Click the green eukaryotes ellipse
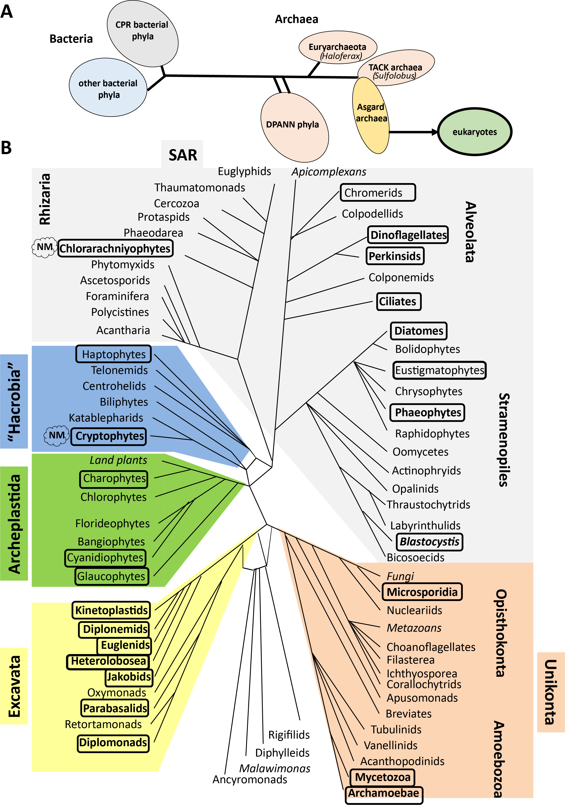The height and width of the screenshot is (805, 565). [x=475, y=132]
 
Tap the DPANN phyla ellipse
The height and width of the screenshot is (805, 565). [x=294, y=126]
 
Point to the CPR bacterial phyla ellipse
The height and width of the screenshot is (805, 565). [x=142, y=33]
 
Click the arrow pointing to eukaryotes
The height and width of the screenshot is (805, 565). [x=413, y=132]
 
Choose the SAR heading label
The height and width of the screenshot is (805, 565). [x=182, y=155]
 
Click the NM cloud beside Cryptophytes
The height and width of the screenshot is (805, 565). [x=56, y=435]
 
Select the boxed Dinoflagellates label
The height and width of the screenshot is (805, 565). [x=408, y=235]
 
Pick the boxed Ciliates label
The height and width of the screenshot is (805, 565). [x=399, y=301]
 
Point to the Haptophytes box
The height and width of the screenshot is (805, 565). [x=114, y=354]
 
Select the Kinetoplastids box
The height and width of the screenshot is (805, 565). [x=111, y=610]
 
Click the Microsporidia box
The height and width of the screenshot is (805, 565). [x=422, y=592]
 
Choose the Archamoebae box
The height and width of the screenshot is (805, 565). [x=384, y=793]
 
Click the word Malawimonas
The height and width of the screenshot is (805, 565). [x=275, y=769]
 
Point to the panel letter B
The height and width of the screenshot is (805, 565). [x=6, y=148]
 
